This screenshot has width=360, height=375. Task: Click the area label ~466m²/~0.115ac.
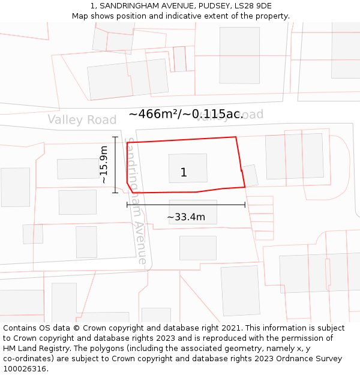pyautogui.click(x=185, y=114)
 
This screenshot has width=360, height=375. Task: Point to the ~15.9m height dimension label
pyautogui.click(x=103, y=164)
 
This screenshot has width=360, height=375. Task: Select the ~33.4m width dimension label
pyautogui.click(x=186, y=217)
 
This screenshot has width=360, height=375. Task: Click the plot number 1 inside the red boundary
pyautogui.click(x=184, y=173)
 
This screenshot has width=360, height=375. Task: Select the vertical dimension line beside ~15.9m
pyautogui.click(x=115, y=164)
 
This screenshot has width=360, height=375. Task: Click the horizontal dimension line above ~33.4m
pyautogui.click(x=186, y=205)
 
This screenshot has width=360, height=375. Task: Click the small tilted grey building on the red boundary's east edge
pyautogui.click(x=250, y=176)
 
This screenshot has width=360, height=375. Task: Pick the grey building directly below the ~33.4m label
pyautogui.click(x=198, y=248)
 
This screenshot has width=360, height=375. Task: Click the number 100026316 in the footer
pyautogui.click(x=25, y=369)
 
